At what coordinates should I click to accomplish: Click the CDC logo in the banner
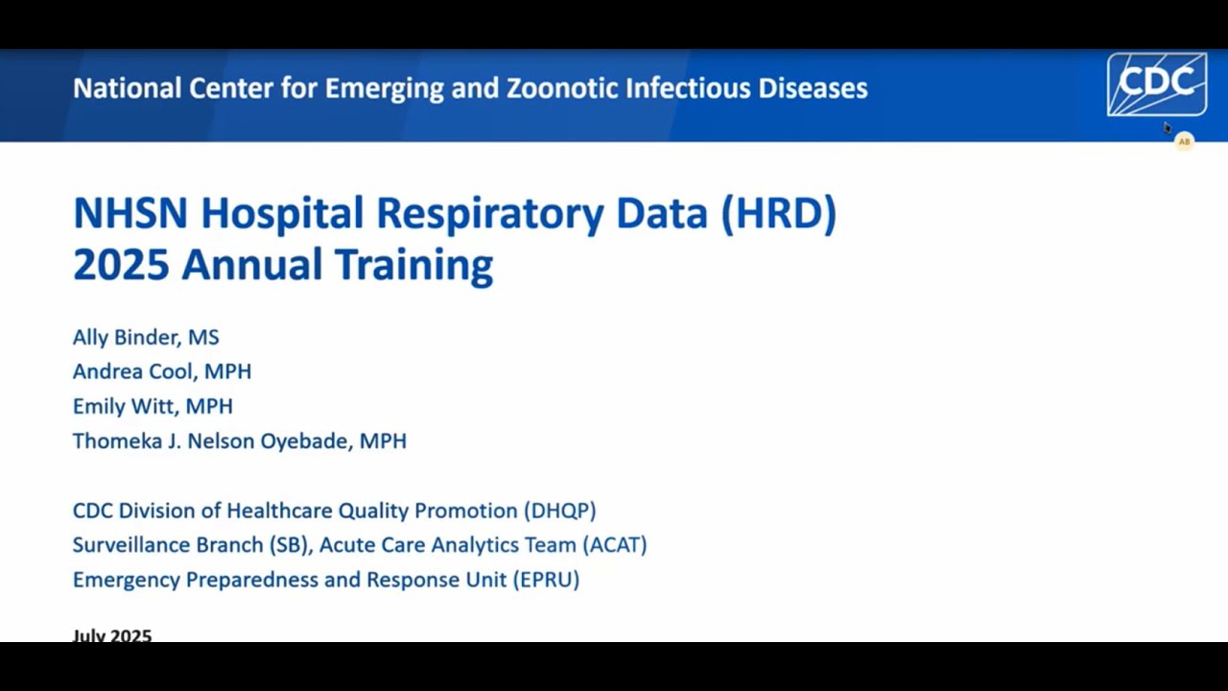(1156, 84)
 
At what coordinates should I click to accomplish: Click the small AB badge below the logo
(1184, 142)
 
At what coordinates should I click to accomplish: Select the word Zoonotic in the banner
(562, 88)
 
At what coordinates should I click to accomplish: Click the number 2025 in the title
(120, 264)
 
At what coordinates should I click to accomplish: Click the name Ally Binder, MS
(146, 337)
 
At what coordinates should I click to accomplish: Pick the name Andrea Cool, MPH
(162, 371)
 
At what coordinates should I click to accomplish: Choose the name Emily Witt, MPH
(153, 406)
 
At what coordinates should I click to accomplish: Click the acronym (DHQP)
(560, 511)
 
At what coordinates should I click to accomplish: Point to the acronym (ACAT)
(614, 545)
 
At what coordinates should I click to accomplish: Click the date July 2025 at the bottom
(112, 635)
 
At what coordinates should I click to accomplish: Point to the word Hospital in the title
(283, 213)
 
